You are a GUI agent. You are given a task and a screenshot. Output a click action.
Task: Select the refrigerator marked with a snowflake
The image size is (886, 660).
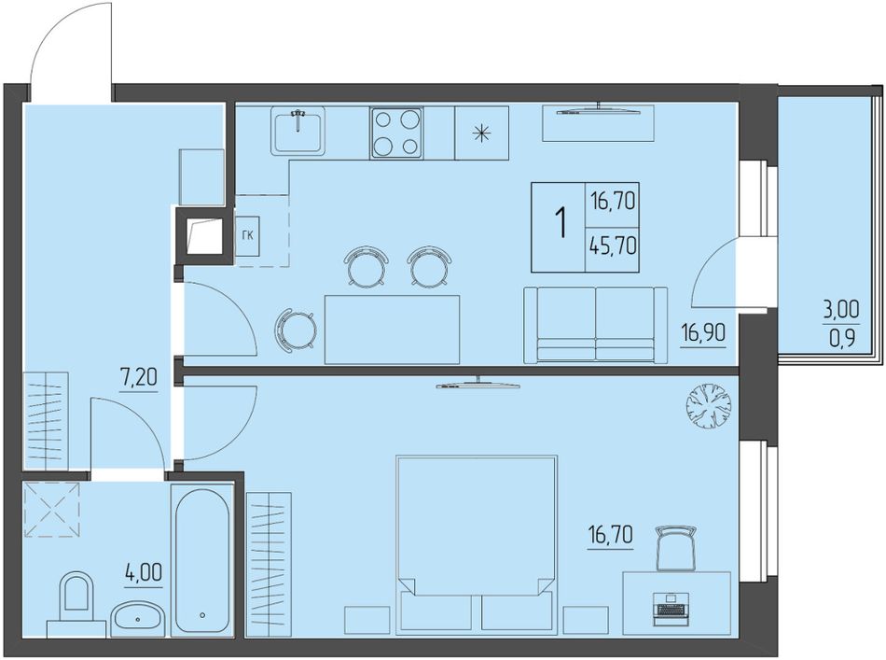[481, 133]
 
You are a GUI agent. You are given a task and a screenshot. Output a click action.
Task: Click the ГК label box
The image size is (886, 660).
[247, 236]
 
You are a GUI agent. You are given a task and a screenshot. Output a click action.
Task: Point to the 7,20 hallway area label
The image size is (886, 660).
[138, 377]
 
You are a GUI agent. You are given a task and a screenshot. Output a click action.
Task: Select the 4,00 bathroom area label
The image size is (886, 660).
[144, 573]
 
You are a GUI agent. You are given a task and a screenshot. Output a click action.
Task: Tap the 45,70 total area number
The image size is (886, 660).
[613, 246]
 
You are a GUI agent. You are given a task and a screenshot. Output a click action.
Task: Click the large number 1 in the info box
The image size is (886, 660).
[561, 224]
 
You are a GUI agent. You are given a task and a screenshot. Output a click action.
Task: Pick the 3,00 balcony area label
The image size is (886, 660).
[840, 309]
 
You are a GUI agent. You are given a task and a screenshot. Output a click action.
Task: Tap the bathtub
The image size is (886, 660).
[203, 561]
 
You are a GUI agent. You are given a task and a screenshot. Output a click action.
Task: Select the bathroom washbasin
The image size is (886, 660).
[138, 619]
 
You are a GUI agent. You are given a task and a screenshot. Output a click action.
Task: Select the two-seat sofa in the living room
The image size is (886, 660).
[596, 325]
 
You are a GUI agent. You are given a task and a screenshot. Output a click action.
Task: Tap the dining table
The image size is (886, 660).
[392, 330]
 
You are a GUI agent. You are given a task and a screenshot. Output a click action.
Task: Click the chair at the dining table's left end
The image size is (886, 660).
[295, 330]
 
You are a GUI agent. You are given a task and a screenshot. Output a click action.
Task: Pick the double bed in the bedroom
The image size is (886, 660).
[476, 543]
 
